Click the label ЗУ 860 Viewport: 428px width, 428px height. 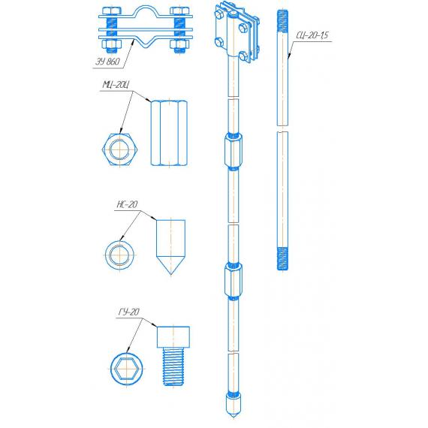(107, 62)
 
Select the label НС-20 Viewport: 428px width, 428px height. (127, 204)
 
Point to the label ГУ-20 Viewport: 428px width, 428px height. (129, 312)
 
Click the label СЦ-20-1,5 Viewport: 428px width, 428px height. (312, 35)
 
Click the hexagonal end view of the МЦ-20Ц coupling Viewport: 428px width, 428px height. (120, 149)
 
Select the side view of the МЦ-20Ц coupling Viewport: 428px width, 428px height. (169, 133)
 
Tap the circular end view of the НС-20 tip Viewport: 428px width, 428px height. (120, 255)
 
